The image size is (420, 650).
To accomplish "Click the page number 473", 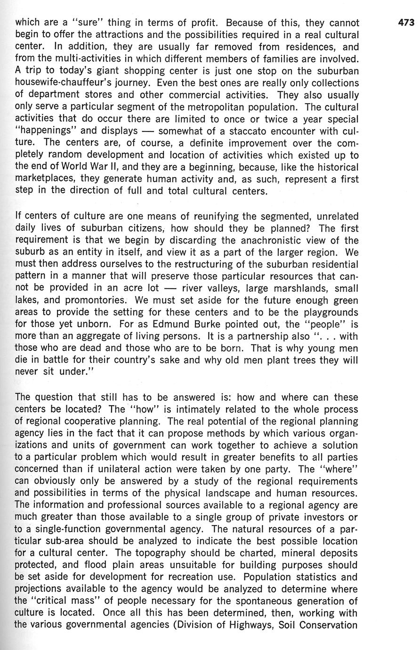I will coord(405,22).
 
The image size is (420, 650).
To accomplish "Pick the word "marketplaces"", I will coord(45,179).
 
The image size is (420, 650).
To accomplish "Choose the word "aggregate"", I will coord(101,337).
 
